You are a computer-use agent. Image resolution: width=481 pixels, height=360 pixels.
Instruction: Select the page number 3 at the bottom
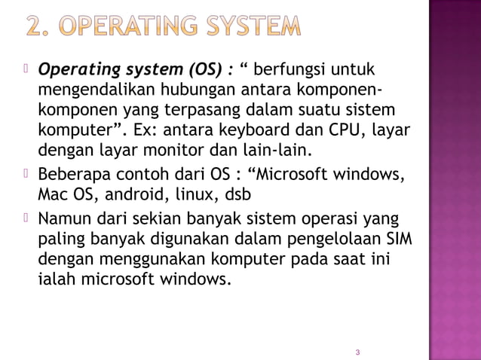pos(357,352)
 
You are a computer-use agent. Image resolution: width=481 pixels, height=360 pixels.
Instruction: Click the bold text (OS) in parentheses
pos(201,70)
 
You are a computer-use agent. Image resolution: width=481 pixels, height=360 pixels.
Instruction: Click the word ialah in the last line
pos(55,279)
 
